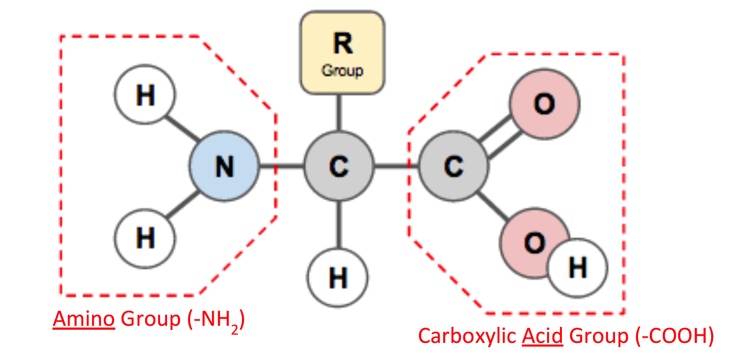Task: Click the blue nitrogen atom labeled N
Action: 224,167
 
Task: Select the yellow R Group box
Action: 342,54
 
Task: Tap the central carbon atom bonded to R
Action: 338,167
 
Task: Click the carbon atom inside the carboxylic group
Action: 453,167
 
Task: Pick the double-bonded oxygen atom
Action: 544,105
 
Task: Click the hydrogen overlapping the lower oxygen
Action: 577,268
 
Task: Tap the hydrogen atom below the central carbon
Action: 338,277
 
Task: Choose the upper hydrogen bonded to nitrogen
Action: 145,95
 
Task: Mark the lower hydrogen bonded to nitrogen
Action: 145,239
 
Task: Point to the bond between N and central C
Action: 281,167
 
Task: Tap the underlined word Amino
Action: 83,319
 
